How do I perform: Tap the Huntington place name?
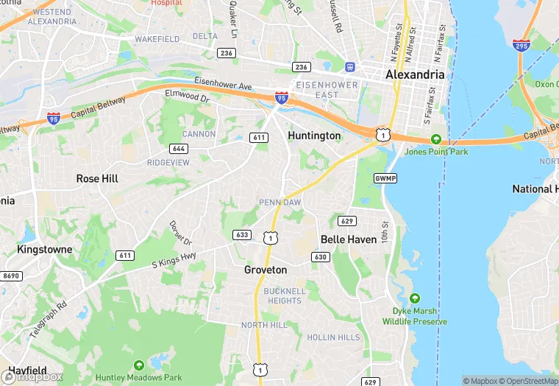click(x=314, y=136)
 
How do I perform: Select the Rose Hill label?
click(x=97, y=178)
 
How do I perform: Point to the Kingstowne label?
click(x=45, y=249)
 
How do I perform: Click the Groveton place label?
click(x=266, y=270)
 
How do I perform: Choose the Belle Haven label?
click(x=349, y=239)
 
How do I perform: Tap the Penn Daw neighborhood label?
click(x=279, y=203)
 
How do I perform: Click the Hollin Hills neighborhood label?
click(x=334, y=337)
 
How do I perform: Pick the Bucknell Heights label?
click(x=285, y=295)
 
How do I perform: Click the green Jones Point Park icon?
click(x=436, y=139)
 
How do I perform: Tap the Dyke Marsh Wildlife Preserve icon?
click(x=415, y=298)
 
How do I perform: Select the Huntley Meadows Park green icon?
click(x=140, y=365)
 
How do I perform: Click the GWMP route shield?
click(x=385, y=178)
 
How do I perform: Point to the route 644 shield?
click(x=178, y=149)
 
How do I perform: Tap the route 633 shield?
click(x=242, y=235)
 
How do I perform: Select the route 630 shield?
click(x=321, y=257)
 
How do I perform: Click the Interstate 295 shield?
click(x=521, y=46)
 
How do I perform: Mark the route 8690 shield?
click(x=12, y=276)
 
